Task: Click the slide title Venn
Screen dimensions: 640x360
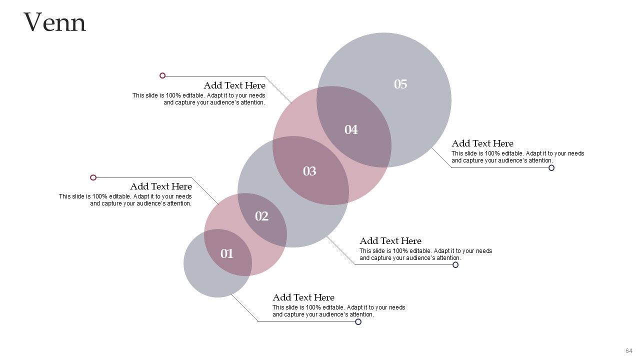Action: coord(55,22)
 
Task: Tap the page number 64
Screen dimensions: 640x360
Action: coord(628,350)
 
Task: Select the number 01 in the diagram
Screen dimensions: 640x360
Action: coord(227,254)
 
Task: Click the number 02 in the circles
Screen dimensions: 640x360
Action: coord(261,216)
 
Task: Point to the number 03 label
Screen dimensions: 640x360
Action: coord(309,171)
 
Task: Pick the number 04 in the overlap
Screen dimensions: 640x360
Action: coord(351,130)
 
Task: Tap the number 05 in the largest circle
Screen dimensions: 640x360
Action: coord(400,84)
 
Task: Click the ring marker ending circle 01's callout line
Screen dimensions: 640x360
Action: coord(358,321)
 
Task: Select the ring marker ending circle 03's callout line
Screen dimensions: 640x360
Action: coord(455,264)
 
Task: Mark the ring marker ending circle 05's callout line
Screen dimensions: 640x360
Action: coord(551,168)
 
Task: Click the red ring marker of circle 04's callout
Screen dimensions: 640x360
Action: coord(162,75)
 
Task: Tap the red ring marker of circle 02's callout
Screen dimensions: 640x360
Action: coord(93,177)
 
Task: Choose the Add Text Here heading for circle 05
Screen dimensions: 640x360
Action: coord(482,143)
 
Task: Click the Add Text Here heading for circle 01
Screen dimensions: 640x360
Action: coord(303,297)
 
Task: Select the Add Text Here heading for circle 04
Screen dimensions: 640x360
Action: coord(234,85)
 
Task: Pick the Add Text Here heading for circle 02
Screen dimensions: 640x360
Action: coord(161,186)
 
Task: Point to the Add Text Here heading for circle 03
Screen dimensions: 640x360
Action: coord(390,241)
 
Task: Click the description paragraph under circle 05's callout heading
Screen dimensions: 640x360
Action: coord(517,157)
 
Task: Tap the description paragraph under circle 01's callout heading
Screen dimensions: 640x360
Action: coord(338,311)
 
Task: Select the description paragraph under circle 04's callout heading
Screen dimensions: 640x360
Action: coord(199,99)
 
